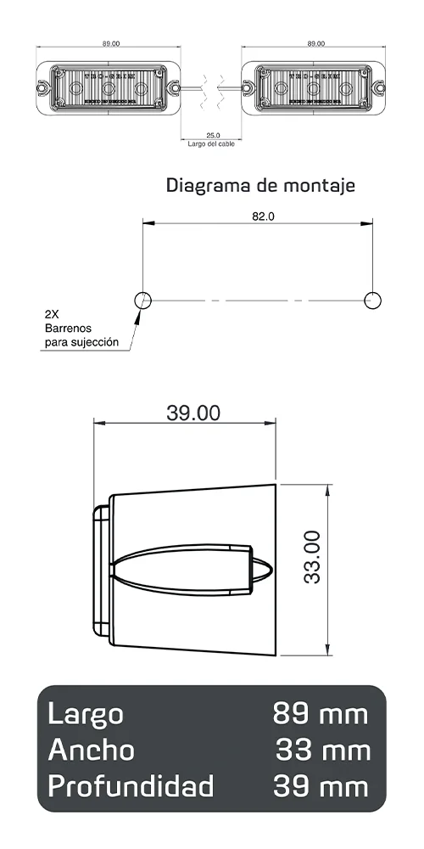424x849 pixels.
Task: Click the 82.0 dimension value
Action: (263, 216)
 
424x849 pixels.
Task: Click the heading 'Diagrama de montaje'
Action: (260, 184)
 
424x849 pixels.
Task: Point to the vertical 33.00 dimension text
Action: (311, 556)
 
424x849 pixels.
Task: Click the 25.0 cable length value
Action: (213, 135)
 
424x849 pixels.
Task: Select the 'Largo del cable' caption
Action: (211, 143)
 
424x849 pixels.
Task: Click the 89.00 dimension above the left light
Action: (109, 43)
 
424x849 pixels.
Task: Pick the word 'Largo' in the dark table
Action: (85, 714)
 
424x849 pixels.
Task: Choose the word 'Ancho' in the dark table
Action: (91, 751)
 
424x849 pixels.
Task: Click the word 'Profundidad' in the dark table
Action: (131, 786)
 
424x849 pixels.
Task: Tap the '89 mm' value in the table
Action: (321, 714)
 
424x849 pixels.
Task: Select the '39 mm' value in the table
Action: (321, 786)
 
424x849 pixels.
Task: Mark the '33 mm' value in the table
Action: (322, 751)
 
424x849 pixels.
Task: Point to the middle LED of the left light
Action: (109, 87)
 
